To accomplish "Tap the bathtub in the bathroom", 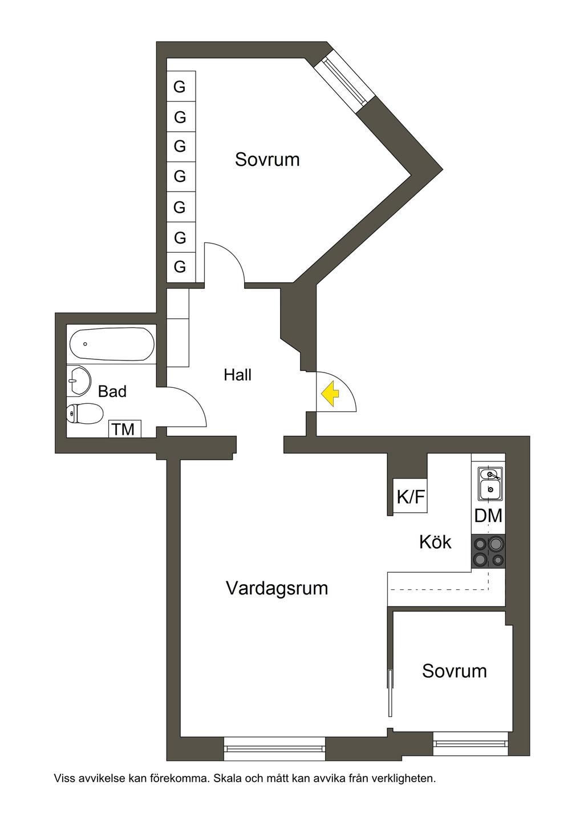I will click(x=112, y=344).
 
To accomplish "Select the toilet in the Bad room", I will click(x=85, y=413).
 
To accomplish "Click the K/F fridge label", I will click(x=411, y=497).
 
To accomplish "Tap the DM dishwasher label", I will click(x=488, y=516).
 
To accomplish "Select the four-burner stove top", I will click(x=488, y=552).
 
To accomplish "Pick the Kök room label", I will click(x=435, y=541).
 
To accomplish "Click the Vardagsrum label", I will click(x=277, y=588).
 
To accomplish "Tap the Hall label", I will click(x=237, y=375).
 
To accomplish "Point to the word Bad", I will click(x=112, y=391).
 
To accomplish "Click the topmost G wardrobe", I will click(x=181, y=87).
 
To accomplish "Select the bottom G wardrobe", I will click(x=181, y=266).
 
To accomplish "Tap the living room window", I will click(x=274, y=747).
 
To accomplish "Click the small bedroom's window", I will click(x=470, y=744).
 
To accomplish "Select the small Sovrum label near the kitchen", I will click(x=455, y=671).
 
